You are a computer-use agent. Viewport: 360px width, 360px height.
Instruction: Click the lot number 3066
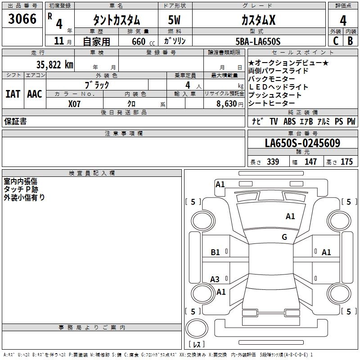[22, 18]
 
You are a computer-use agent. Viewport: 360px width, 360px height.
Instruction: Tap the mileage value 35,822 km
[54, 65]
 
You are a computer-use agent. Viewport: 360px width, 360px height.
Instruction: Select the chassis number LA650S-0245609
[302, 143]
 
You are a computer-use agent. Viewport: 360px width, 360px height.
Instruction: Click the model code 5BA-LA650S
[258, 41]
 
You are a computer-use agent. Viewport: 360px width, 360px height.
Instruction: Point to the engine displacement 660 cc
[143, 42]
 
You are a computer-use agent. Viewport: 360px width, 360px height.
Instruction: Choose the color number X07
[74, 104]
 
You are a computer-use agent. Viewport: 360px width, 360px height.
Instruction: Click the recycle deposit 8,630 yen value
[229, 104]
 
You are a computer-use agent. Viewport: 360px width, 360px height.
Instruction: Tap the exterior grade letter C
[336, 41]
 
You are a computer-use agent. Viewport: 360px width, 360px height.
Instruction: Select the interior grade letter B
[350, 41]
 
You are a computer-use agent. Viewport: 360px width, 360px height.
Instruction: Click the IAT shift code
[13, 94]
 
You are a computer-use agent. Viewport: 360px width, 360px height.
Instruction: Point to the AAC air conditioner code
[35, 94]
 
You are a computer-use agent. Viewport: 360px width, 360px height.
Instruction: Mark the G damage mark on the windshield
[284, 237]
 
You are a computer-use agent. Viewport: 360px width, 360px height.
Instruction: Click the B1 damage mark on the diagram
[215, 252]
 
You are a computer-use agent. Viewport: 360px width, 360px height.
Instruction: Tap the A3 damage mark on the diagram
[215, 279]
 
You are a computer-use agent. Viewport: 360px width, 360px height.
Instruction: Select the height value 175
[346, 162]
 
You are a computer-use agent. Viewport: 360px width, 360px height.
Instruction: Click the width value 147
[310, 162]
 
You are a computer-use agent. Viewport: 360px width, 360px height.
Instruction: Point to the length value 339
[273, 162]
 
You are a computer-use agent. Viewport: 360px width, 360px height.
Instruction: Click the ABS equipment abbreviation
[289, 121]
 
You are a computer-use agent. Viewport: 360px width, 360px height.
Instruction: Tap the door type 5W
[174, 20]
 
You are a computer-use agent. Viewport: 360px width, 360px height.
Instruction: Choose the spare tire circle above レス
[197, 328]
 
